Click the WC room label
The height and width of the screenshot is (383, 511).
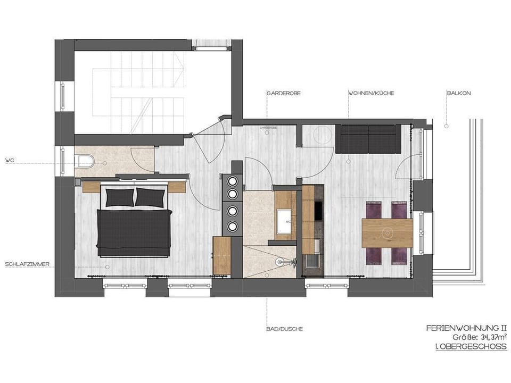[x=9, y=160]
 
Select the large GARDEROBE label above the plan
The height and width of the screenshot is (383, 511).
[x=284, y=93]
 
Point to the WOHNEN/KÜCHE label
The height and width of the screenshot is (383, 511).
[x=371, y=93]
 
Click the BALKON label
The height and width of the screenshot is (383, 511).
[x=459, y=93]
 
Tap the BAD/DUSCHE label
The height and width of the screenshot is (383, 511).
[x=285, y=329]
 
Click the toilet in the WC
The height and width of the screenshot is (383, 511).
[x=85, y=160]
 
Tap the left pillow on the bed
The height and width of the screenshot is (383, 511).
[x=120, y=196]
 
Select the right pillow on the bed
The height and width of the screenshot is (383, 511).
[x=150, y=196]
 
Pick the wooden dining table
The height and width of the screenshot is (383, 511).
[x=387, y=233]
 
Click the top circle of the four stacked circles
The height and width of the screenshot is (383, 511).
[x=233, y=181]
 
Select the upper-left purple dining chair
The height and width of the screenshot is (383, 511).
[x=374, y=210]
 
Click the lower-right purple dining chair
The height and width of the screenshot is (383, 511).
[x=399, y=256]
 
